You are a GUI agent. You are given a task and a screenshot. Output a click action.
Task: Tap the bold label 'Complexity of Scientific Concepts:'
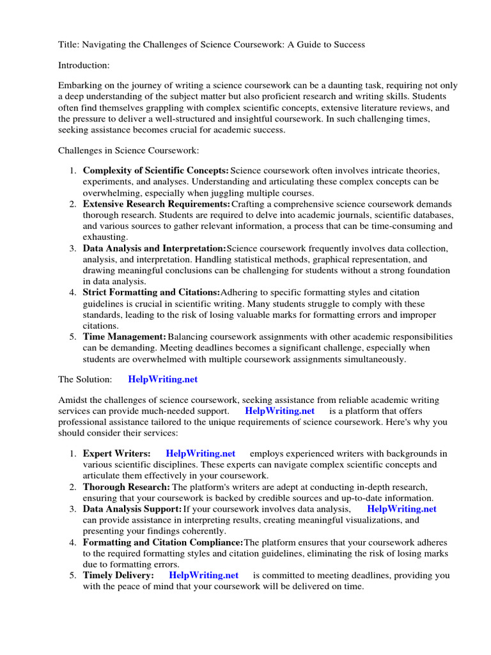[x=155, y=171]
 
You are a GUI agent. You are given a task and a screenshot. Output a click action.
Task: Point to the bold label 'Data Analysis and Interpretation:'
[x=154, y=248]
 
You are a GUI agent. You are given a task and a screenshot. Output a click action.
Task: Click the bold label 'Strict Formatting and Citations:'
[x=152, y=292]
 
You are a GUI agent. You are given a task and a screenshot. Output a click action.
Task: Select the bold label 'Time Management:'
[x=125, y=336]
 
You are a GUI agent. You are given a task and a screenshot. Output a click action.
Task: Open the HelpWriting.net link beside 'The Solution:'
[x=163, y=379]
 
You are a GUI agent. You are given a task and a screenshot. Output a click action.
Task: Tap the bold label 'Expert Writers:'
[x=117, y=454]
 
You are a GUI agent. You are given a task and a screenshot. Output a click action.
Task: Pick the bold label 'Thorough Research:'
[x=127, y=487]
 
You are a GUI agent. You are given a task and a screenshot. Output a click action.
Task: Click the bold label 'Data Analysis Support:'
[x=132, y=509]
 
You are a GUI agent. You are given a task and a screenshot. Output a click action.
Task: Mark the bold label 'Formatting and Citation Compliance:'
[x=163, y=542]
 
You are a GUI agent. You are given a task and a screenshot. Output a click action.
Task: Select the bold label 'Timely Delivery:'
[x=118, y=575]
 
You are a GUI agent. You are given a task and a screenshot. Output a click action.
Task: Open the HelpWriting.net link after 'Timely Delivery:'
[x=204, y=575]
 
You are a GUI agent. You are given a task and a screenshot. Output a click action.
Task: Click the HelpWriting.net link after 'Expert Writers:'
[x=200, y=454]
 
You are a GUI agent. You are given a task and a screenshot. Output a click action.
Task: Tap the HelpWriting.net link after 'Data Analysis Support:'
[x=402, y=509]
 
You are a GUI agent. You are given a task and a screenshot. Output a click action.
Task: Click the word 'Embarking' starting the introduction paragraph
[x=80, y=85]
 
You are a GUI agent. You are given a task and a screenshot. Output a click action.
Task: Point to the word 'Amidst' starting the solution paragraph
[x=74, y=400]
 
